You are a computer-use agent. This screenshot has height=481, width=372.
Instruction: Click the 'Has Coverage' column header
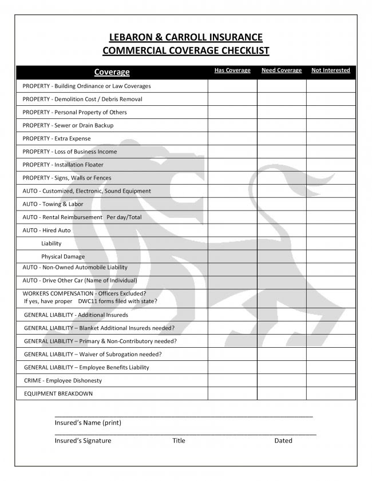[x=232, y=70]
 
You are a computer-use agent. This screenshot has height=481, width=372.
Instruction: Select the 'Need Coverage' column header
[x=282, y=70]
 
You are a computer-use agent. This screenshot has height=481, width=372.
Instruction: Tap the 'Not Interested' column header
[x=330, y=70]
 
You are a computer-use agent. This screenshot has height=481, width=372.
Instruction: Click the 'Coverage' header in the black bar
[x=112, y=72]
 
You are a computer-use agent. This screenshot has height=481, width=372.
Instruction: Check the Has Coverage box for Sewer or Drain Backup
[x=232, y=125]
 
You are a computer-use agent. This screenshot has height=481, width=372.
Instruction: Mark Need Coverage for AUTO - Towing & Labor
[x=282, y=204]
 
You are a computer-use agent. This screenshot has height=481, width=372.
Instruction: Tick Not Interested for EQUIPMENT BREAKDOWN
[x=331, y=393]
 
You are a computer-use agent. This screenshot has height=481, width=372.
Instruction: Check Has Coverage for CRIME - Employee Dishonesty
[x=232, y=380]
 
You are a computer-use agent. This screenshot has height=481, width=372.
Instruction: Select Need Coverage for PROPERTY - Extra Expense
[x=282, y=138]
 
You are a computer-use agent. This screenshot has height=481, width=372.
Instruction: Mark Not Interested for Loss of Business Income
[x=331, y=152]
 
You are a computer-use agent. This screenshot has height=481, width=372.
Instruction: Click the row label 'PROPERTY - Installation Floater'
[x=63, y=165]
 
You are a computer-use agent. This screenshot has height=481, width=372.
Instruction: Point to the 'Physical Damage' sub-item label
[x=63, y=257]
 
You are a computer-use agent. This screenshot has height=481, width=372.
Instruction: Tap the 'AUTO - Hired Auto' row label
[x=47, y=230]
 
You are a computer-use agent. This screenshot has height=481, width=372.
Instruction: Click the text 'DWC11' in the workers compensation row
[x=88, y=301]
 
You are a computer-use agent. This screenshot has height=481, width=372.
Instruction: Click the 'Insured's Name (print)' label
[x=88, y=423]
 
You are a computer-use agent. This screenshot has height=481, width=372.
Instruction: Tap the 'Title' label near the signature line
[x=179, y=440]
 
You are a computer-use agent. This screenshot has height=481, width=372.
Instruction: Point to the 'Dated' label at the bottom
[x=283, y=440]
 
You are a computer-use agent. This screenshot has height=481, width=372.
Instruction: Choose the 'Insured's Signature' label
[x=83, y=440]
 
